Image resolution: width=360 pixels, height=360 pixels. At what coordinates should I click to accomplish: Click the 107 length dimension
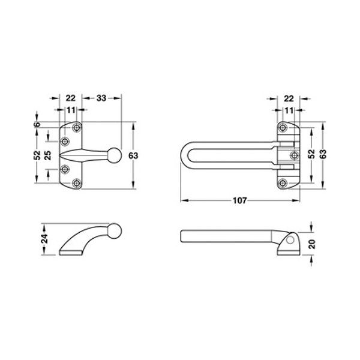[239, 200]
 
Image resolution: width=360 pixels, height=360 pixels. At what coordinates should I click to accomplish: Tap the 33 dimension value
[101, 98]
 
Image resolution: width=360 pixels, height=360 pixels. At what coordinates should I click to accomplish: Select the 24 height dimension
[44, 238]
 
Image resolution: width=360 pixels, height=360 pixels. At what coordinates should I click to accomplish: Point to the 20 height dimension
[312, 244]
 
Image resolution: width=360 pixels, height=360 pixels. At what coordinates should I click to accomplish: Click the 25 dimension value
[47, 155]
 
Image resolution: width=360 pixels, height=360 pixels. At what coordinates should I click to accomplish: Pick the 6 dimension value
[37, 124]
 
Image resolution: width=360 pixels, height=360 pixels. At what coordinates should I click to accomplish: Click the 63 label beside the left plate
[133, 155]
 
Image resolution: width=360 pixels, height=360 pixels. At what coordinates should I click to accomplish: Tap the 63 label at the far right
[323, 154]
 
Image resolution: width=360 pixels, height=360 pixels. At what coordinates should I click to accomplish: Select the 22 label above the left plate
[70, 98]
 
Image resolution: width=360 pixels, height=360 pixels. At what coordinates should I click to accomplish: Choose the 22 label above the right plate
[289, 99]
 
